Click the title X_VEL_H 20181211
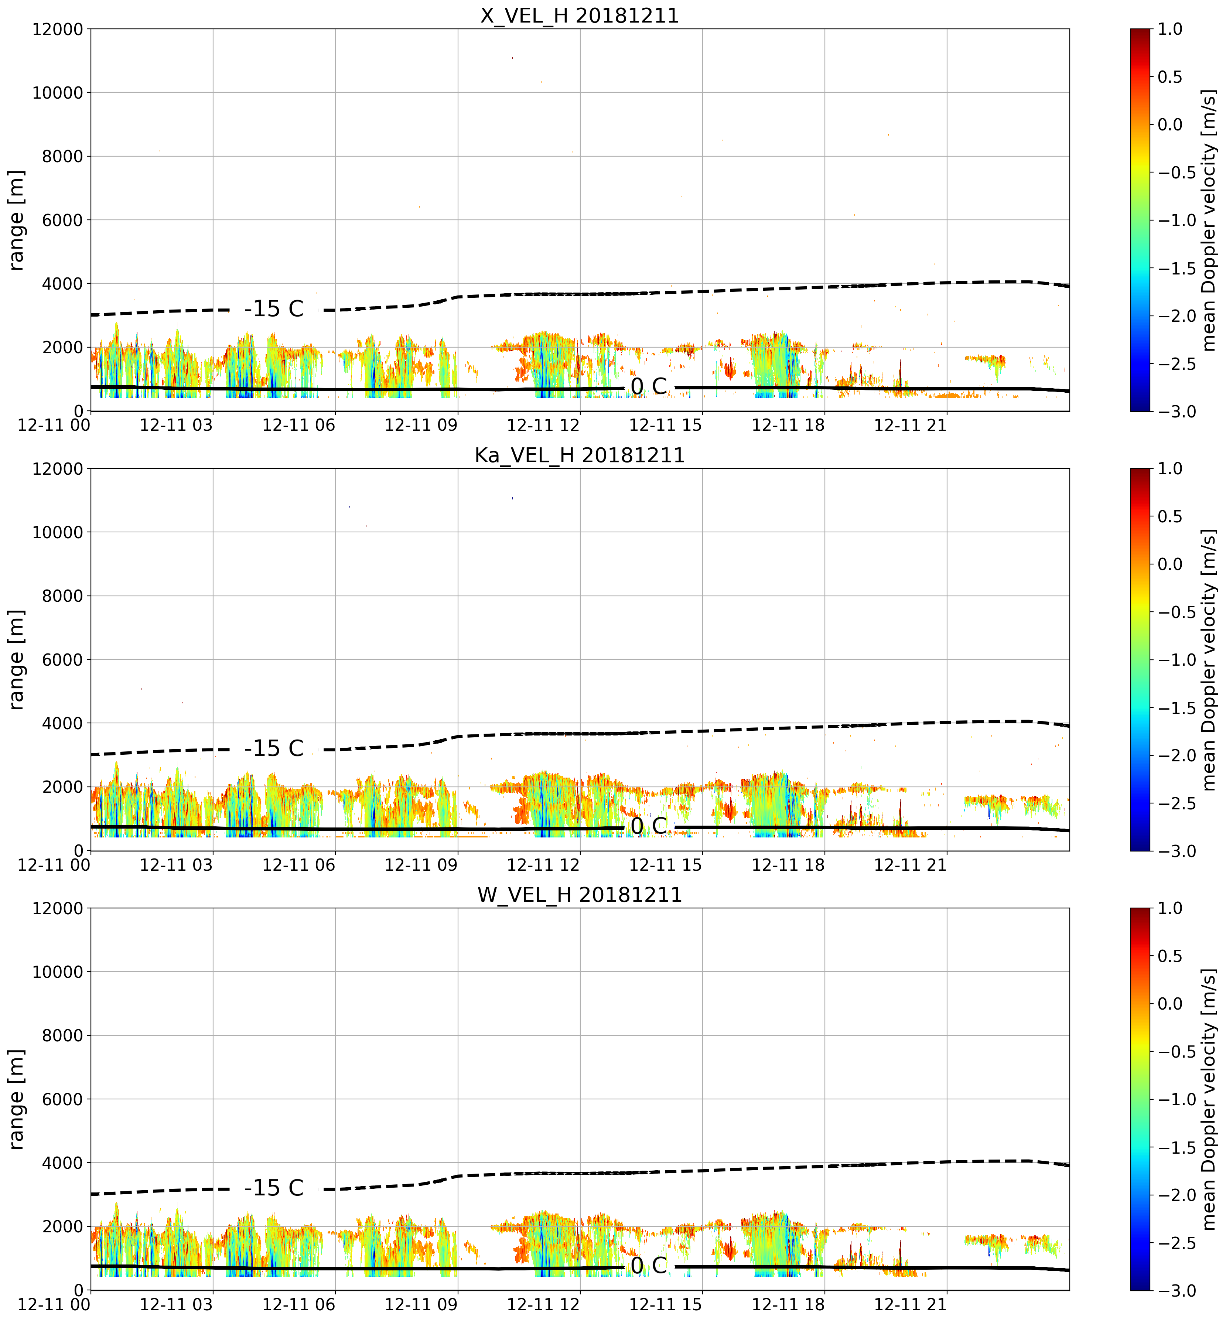click(580, 15)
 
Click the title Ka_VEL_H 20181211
click(580, 455)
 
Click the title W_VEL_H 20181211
click(580, 895)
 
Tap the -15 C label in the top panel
click(274, 309)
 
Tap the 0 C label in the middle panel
click(649, 826)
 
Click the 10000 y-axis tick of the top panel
click(58, 93)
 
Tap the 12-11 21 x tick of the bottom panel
click(910, 1304)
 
